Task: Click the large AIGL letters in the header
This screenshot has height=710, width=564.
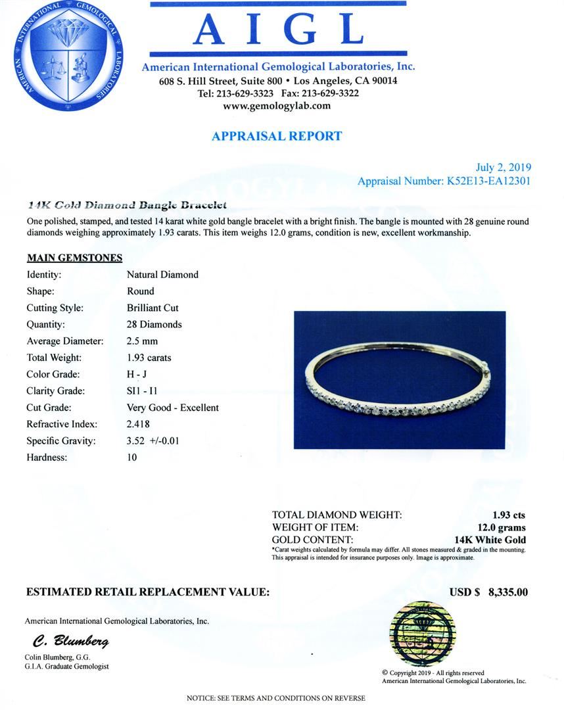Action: click(278, 30)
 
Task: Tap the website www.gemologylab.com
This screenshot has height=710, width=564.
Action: click(277, 105)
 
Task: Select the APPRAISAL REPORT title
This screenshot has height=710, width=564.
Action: click(277, 136)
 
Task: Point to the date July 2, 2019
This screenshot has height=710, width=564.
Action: click(503, 168)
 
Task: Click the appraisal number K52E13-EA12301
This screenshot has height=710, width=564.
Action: click(488, 181)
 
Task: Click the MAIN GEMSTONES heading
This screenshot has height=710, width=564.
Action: click(74, 258)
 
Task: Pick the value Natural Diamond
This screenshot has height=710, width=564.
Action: click(162, 274)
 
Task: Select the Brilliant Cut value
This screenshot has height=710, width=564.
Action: click(153, 308)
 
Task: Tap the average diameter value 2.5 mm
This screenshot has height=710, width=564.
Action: click(142, 341)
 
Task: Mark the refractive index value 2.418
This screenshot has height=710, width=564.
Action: click(139, 424)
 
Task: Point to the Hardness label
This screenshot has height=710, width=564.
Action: click(47, 458)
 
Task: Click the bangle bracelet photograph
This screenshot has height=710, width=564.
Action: click(399, 380)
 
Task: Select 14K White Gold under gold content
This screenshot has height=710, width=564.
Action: click(494, 540)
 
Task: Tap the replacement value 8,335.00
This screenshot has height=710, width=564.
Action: click(508, 592)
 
